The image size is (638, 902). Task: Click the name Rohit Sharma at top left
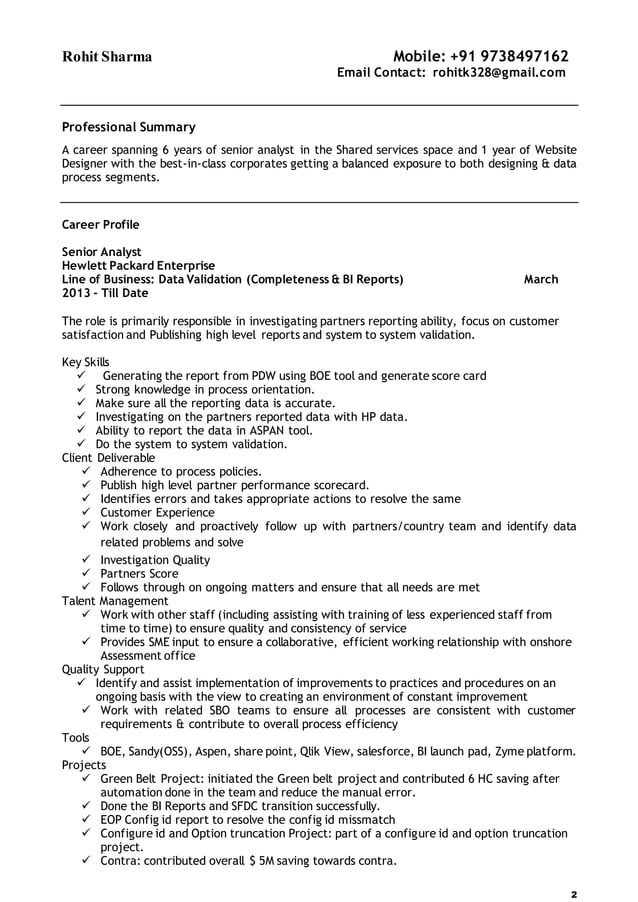click(x=107, y=57)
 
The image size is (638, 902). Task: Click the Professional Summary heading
click(x=129, y=127)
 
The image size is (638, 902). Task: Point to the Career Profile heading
click(x=101, y=224)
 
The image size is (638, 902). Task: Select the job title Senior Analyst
click(x=101, y=252)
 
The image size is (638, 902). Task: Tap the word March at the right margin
click(x=541, y=280)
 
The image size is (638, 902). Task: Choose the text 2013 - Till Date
click(x=105, y=294)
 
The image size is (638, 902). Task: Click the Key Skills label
click(x=86, y=362)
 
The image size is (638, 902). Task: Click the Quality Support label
click(x=103, y=669)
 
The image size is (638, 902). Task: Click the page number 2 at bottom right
click(x=573, y=893)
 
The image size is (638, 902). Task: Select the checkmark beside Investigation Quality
click(x=86, y=560)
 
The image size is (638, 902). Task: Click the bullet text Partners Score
click(x=139, y=574)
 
